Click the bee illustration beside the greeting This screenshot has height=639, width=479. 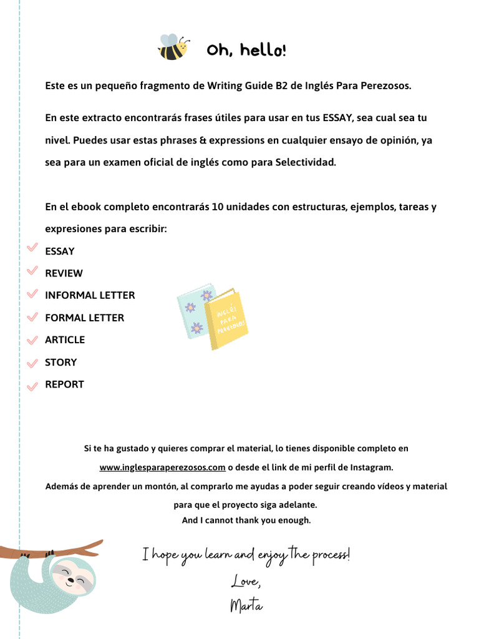coord(173,47)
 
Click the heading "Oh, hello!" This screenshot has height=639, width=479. coord(247,50)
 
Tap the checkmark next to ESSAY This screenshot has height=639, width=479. coord(33,248)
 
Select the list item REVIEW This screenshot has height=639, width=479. coord(64,273)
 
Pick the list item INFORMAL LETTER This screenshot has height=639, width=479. coord(90,295)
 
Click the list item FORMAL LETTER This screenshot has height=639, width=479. coord(84,318)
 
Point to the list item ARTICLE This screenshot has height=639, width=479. coord(65,340)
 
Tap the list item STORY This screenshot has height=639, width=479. coord(60,363)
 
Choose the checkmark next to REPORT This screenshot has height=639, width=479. coord(33,386)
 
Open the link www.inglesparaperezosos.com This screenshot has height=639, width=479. coord(162,467)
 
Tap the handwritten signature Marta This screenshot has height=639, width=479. coord(246,605)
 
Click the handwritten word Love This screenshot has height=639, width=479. coord(245,582)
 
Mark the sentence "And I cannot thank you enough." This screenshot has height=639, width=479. coord(246,520)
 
